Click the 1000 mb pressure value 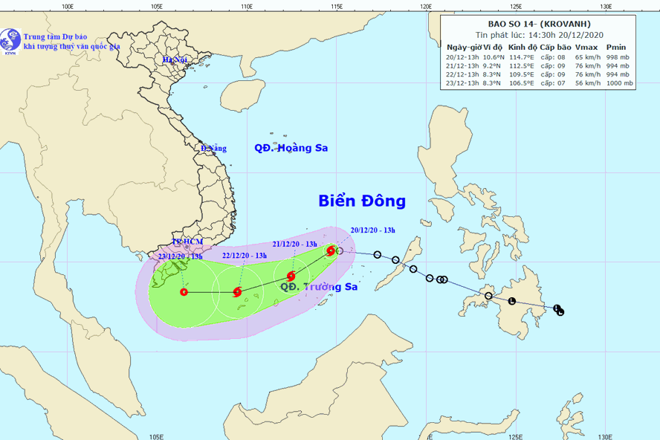[x=619, y=84]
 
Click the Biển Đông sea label [x=362, y=201]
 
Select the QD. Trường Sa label [x=319, y=286]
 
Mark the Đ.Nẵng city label [x=213, y=149]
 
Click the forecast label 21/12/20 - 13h [x=294, y=244]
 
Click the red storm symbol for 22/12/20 [x=238, y=292]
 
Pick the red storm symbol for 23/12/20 [x=184, y=292]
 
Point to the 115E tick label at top [x=336, y=7]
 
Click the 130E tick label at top [x=605, y=7]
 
